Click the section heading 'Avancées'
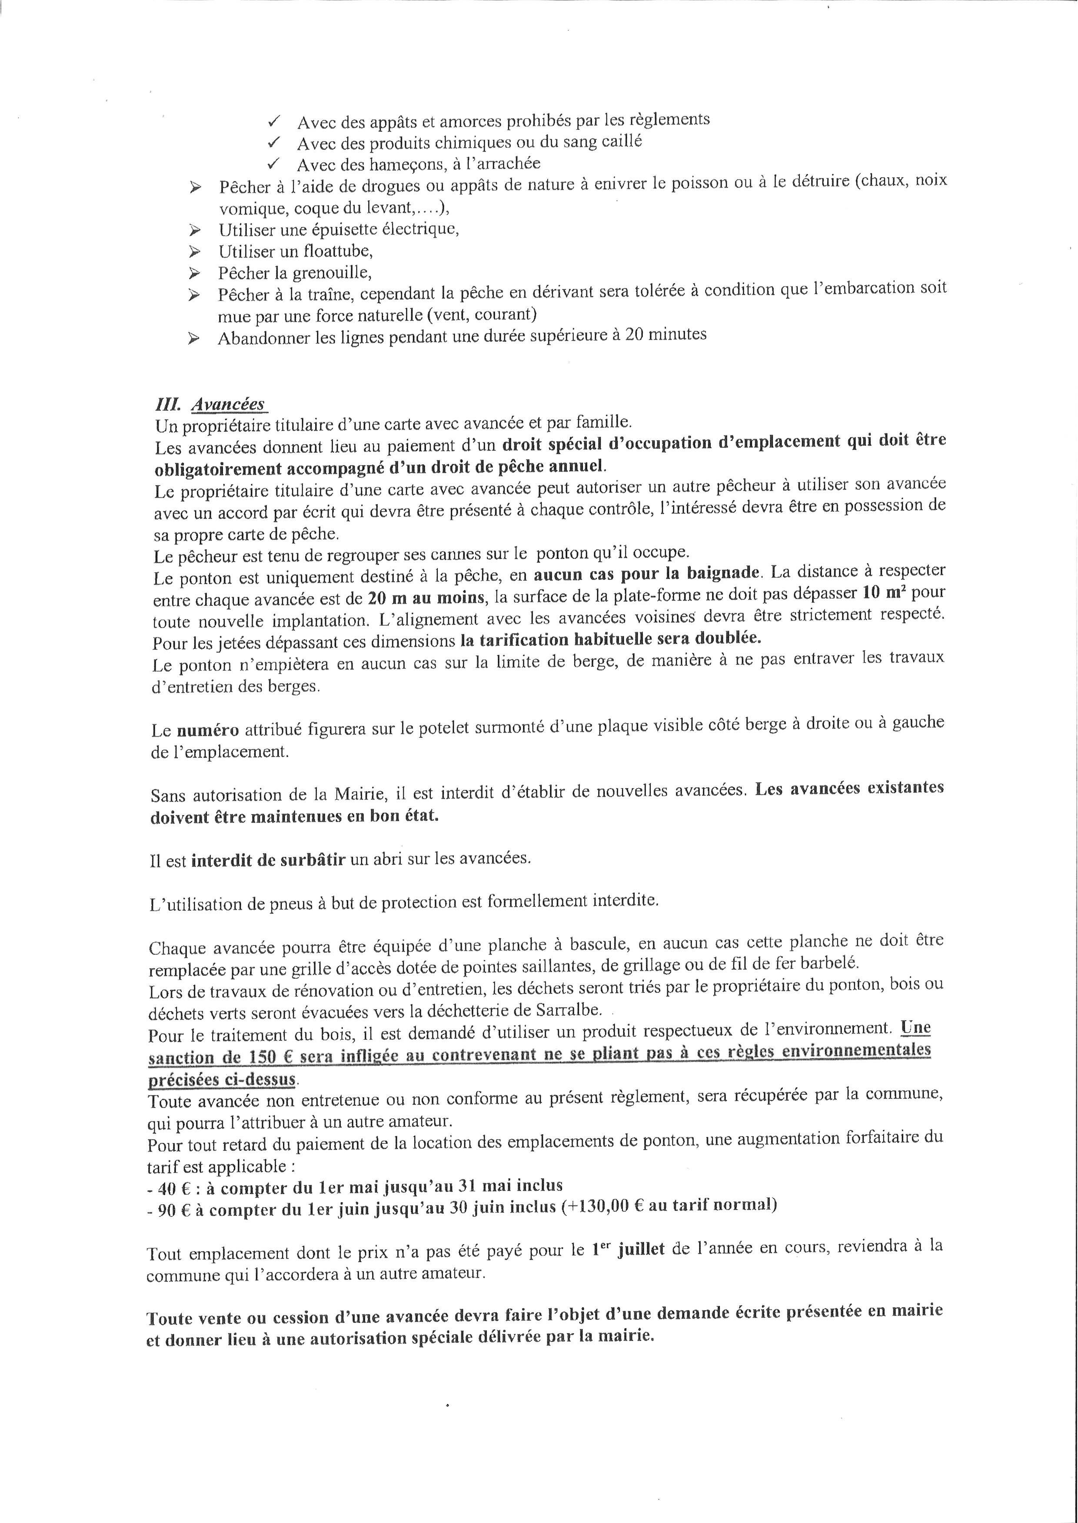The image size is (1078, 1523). (x=228, y=404)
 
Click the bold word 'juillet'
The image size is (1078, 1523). (x=641, y=1250)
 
